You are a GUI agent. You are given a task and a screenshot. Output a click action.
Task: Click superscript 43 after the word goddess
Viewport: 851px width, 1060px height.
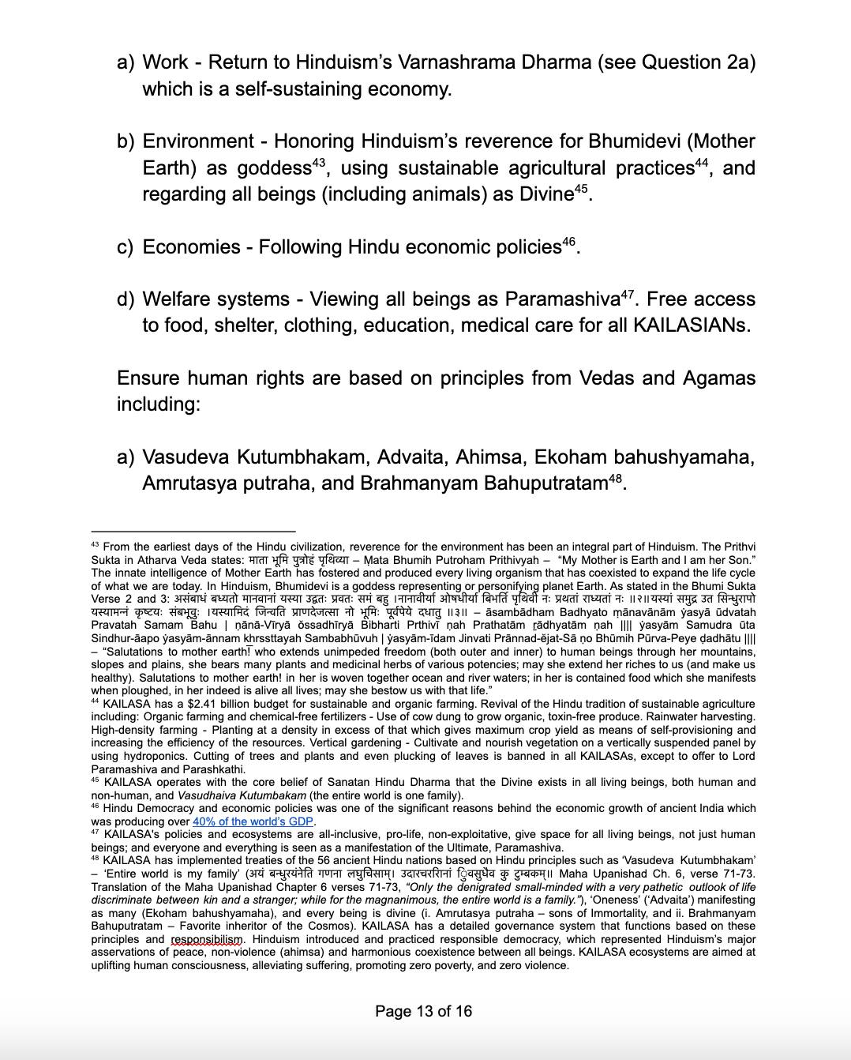(x=319, y=163)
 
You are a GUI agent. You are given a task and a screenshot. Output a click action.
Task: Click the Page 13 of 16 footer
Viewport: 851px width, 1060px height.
(x=424, y=1011)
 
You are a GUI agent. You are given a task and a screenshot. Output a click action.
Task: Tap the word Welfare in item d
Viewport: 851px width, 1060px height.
(x=180, y=299)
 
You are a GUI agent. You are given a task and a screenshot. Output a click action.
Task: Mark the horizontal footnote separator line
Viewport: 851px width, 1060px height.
(x=193, y=532)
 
